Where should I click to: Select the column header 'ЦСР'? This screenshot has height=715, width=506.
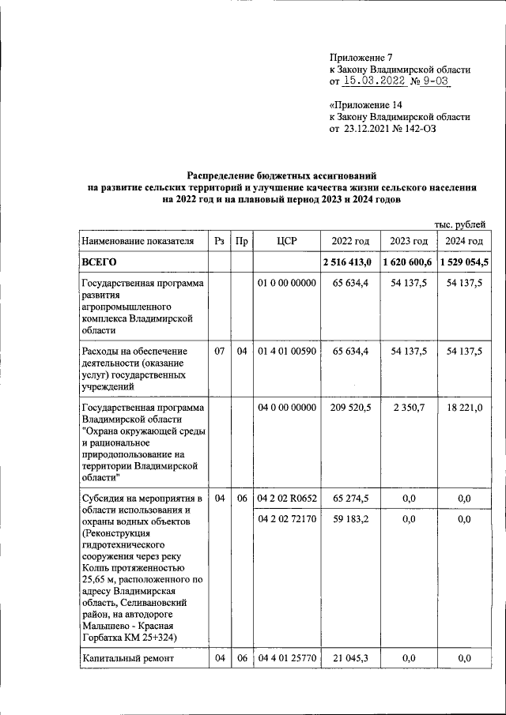click(287, 241)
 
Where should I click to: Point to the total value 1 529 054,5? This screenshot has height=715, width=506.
click(463, 262)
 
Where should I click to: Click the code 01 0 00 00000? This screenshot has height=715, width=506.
click(287, 283)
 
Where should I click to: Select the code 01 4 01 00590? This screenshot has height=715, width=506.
click(287, 351)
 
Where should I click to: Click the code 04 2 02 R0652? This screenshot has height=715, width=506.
click(287, 498)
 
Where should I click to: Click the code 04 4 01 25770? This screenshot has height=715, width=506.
click(287, 657)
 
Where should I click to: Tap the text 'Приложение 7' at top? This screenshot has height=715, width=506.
click(361, 58)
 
